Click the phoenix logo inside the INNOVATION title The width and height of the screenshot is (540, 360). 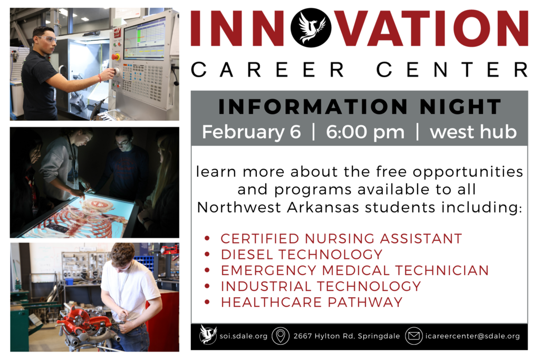pyautogui.click(x=311, y=27)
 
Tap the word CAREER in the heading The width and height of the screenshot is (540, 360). pyautogui.click(x=267, y=70)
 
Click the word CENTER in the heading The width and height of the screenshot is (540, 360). pyautogui.click(x=452, y=70)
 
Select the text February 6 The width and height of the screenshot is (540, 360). pyautogui.click(x=252, y=132)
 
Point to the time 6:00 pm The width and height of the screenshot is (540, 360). pyautogui.click(x=365, y=132)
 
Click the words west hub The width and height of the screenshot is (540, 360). pyautogui.click(x=473, y=132)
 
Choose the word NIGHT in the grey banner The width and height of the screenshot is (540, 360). pyautogui.click(x=460, y=106)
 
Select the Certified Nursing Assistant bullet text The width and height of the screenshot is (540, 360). pyautogui.click(x=341, y=239)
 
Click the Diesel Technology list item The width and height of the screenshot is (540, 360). pyautogui.click(x=302, y=255)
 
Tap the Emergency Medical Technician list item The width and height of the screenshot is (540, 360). pyautogui.click(x=355, y=270)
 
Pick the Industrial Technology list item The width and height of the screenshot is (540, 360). pyautogui.click(x=321, y=286)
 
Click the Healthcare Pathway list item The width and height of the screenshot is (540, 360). pyautogui.click(x=312, y=302)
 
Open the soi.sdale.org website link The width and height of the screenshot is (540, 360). pyautogui.click(x=244, y=336)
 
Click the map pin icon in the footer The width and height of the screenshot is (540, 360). pyautogui.click(x=281, y=336)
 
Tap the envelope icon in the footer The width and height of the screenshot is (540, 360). pyautogui.click(x=413, y=336)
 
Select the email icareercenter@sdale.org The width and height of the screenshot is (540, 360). pyautogui.click(x=472, y=336)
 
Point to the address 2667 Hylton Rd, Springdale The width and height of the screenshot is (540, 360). pyautogui.click(x=346, y=336)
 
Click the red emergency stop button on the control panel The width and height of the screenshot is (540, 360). pyautogui.click(x=116, y=57)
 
